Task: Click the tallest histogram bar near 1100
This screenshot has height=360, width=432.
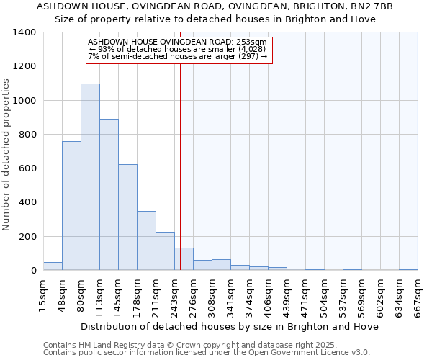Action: (90, 176)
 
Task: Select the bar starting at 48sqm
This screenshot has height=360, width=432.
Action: (71, 205)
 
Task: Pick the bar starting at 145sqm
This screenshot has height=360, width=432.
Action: (127, 217)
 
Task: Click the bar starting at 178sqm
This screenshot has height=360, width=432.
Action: (146, 240)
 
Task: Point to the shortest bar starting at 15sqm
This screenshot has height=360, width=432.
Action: (53, 266)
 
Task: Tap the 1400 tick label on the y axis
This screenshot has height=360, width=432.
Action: (24, 32)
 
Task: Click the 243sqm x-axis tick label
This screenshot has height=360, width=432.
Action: (175, 296)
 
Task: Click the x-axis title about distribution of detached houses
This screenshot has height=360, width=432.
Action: (230, 326)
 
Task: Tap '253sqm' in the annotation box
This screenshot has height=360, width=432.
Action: (254, 42)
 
